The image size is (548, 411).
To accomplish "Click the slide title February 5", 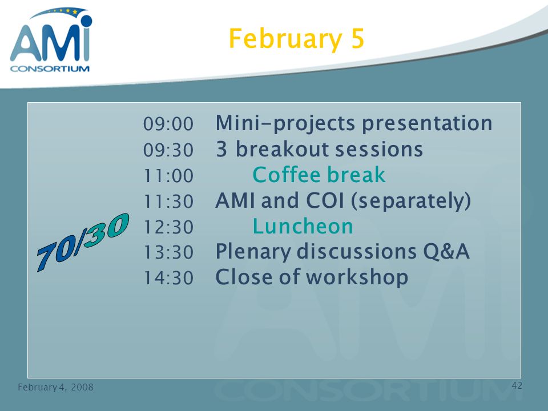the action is pyautogui.click(x=296, y=39).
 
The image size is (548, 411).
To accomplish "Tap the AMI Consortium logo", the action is pyautogui.click(x=51, y=39).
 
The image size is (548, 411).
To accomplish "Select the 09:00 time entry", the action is pyautogui.click(x=168, y=124).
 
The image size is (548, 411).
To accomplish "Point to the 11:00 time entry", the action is pyautogui.click(x=168, y=175).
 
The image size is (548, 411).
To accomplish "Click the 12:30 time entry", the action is pyautogui.click(x=168, y=227).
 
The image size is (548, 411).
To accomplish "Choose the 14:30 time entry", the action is pyautogui.click(x=168, y=278).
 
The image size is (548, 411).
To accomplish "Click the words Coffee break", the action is pyautogui.click(x=319, y=175).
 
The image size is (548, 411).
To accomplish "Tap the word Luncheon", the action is pyautogui.click(x=303, y=226).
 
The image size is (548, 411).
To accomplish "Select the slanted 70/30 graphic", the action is pyautogui.click(x=83, y=242).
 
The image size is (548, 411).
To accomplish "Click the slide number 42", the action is pyautogui.click(x=517, y=385).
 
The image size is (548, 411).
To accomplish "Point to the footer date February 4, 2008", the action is pyautogui.click(x=55, y=387).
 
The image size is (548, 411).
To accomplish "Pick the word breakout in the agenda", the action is pyautogui.click(x=282, y=149).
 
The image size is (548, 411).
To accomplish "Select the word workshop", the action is pyautogui.click(x=357, y=278).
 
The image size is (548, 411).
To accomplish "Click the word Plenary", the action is pyautogui.click(x=253, y=252).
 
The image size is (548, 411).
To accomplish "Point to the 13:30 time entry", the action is pyautogui.click(x=168, y=252).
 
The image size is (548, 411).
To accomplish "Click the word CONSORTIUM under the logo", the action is pyautogui.click(x=50, y=68).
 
